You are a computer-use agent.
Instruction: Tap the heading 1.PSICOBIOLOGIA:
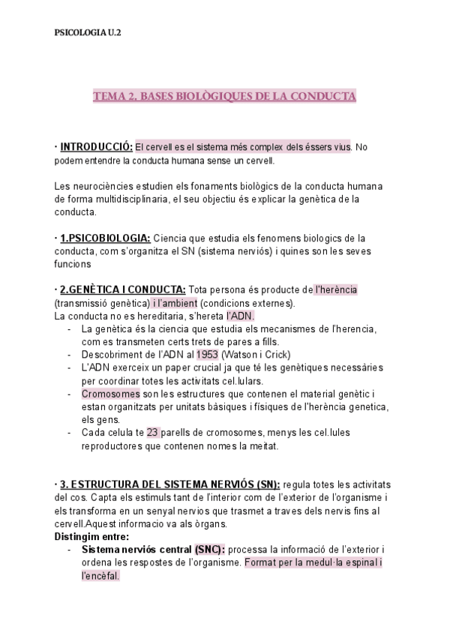[x=105, y=238]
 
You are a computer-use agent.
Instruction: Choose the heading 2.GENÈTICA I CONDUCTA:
[x=123, y=290]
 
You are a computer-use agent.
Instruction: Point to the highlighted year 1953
[x=208, y=354]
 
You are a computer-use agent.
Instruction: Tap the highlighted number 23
[x=153, y=433]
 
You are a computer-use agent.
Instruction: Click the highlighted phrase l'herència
[x=335, y=290]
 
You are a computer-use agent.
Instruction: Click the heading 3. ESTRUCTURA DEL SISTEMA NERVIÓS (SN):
[x=170, y=484]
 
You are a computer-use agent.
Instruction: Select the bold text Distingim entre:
[x=91, y=537]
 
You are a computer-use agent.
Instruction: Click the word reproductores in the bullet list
[x=118, y=446]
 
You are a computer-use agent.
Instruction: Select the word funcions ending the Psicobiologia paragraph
[x=73, y=264]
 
